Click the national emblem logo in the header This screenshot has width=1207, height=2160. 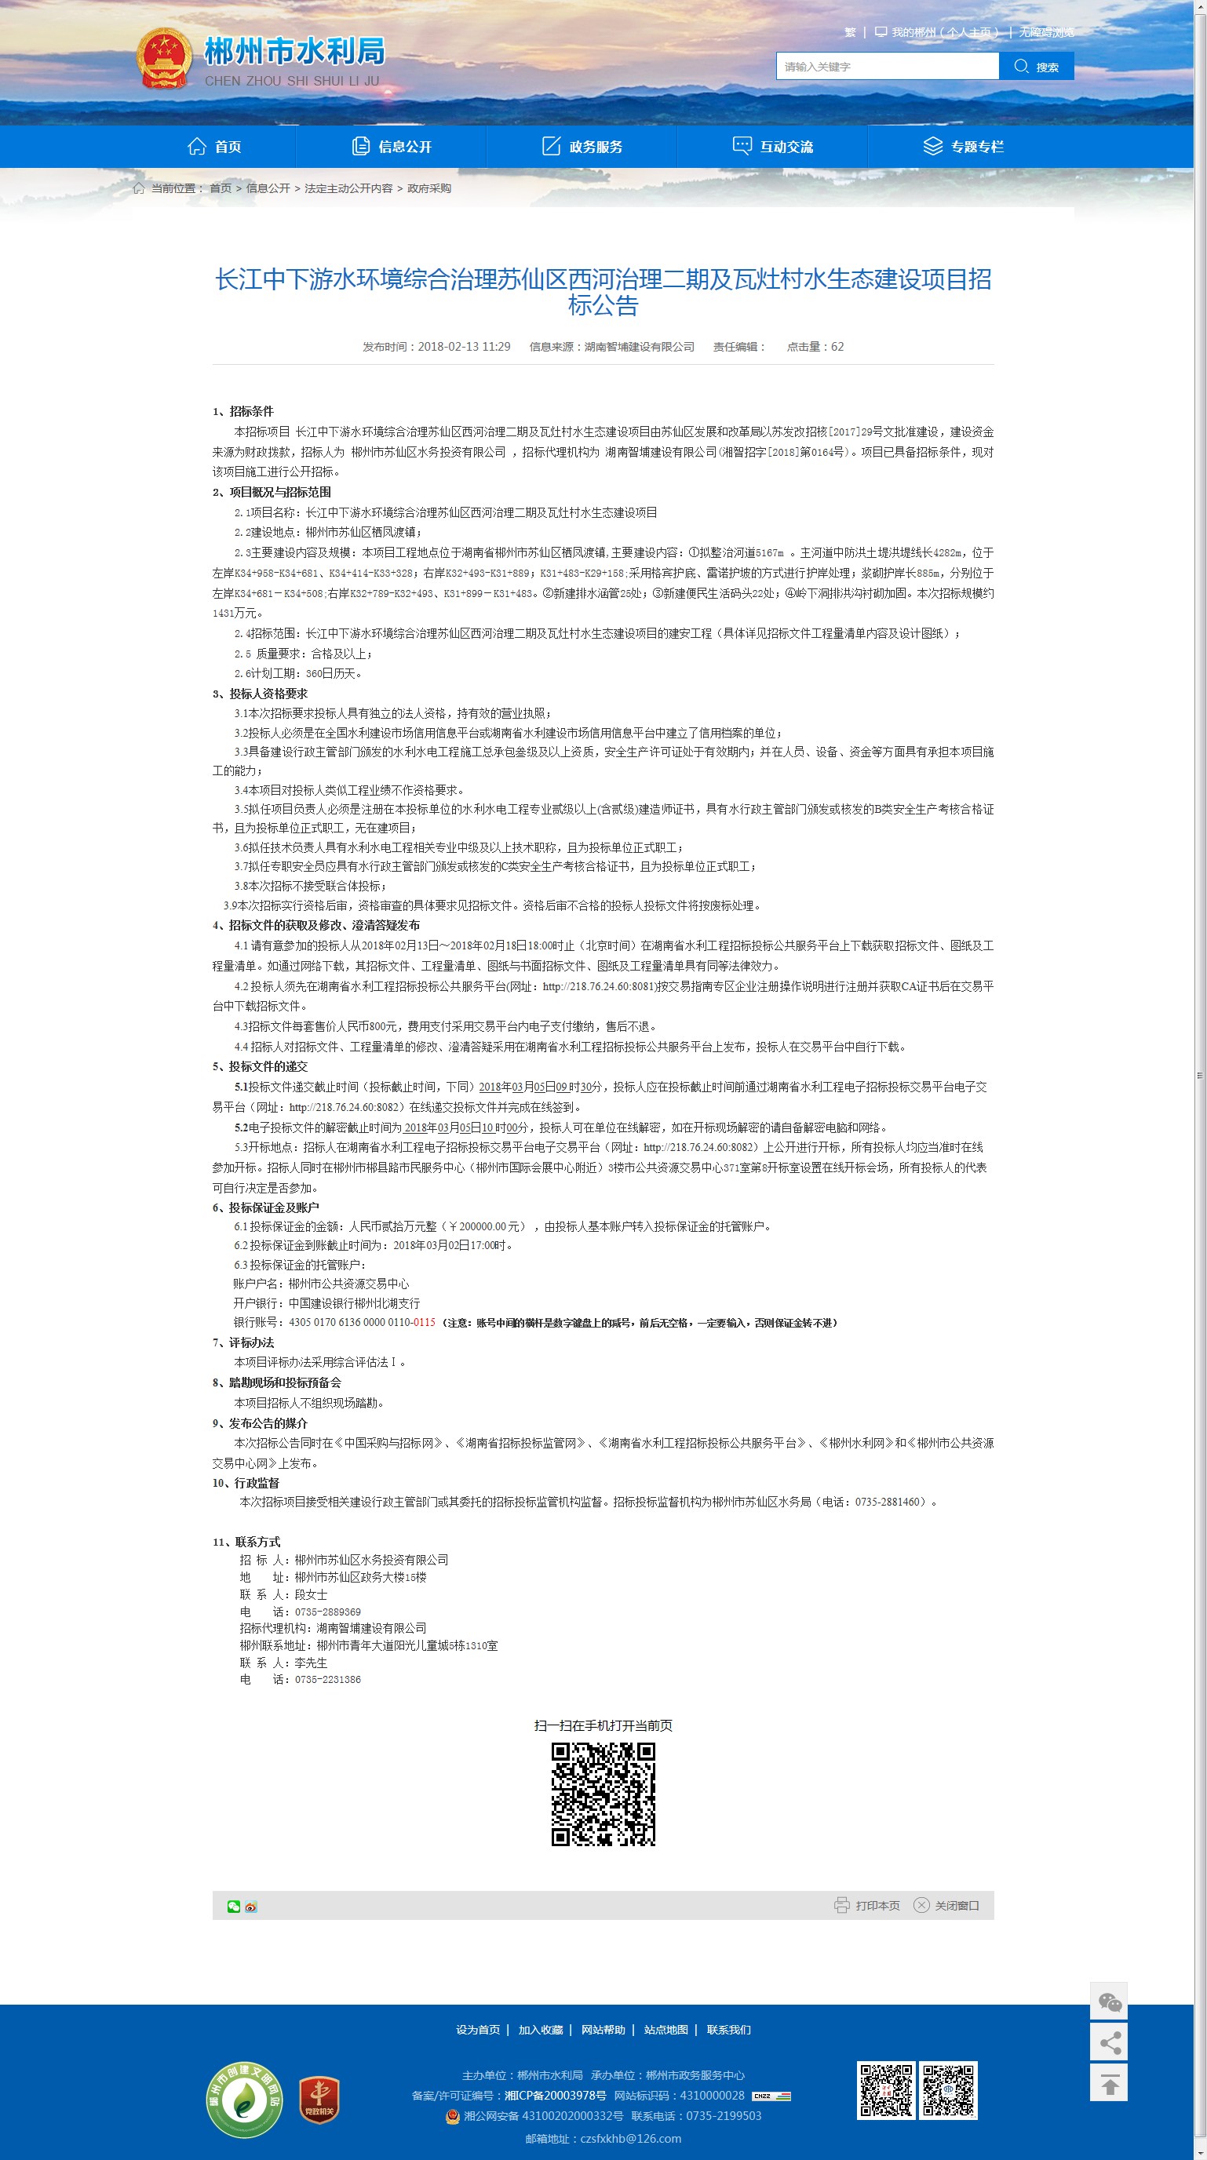coord(164,58)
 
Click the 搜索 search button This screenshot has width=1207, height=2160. coord(1036,66)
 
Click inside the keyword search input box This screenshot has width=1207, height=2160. coord(887,66)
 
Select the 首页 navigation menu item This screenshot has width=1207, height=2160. coord(215,147)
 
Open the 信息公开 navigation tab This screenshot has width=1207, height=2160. coord(392,147)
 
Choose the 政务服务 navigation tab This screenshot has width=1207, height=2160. coord(582,147)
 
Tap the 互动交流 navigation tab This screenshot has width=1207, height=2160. coord(772,147)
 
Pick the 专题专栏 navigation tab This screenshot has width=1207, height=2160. coord(963,147)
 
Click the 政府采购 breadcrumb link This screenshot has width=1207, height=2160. coord(428,188)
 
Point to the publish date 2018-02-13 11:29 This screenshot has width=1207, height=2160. coord(464,347)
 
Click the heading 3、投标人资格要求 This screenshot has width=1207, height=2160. coord(260,694)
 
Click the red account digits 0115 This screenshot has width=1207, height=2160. coord(425,1322)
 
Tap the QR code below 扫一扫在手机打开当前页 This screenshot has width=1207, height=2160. coord(603,1794)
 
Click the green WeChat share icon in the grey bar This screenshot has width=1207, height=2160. coord(234,1906)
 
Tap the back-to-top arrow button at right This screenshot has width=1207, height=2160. coord(1109,2084)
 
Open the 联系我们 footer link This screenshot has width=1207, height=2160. coord(728,2029)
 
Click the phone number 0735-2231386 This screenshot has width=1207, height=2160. coord(328,1680)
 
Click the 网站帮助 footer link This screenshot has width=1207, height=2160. coord(603,2029)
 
